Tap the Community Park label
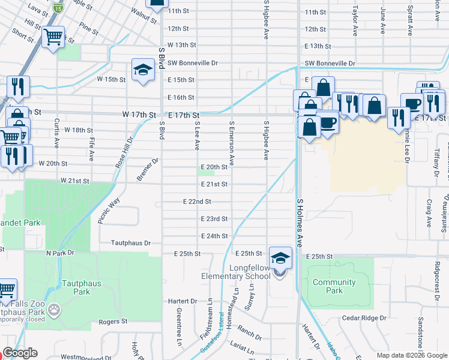pyautogui.click(x=334, y=286)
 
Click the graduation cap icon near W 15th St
pyautogui.click(x=143, y=70)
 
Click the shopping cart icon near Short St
pyautogui.click(x=53, y=37)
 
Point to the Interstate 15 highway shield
pyautogui.click(x=58, y=7)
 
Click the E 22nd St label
pyautogui.click(x=197, y=202)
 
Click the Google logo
pyautogui.click(x=20, y=353)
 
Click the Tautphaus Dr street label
pyautogui.click(x=130, y=244)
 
